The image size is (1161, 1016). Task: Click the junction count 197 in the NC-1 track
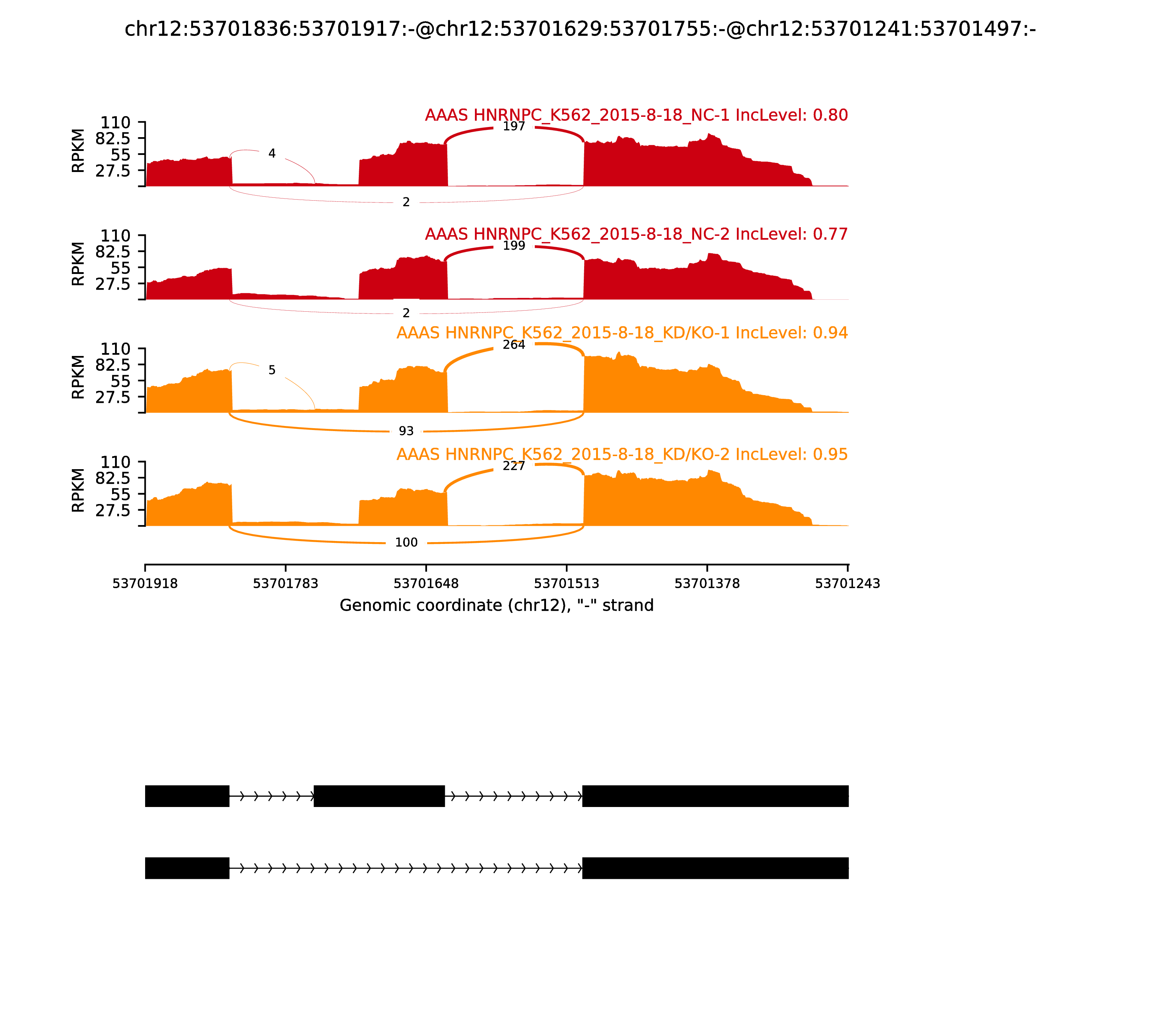pyautogui.click(x=514, y=126)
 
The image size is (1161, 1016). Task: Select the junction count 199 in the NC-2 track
pyautogui.click(x=514, y=246)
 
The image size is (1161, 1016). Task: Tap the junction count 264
pyautogui.click(x=514, y=345)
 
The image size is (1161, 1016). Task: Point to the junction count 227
pyautogui.click(x=514, y=466)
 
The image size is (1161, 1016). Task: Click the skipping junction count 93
pyautogui.click(x=406, y=431)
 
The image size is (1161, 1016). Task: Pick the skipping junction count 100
pyautogui.click(x=406, y=542)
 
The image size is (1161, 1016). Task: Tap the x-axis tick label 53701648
pyautogui.click(x=426, y=583)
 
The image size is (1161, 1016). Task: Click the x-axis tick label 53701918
pyautogui.click(x=145, y=583)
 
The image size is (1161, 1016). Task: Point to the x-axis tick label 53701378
pyautogui.click(x=707, y=583)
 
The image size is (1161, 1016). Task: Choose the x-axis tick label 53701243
pyautogui.click(x=848, y=583)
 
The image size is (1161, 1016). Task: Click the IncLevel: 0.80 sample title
pyautogui.click(x=636, y=115)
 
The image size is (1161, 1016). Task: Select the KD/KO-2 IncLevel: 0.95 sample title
pyautogui.click(x=622, y=454)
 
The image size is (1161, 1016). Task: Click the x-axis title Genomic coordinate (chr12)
pyautogui.click(x=497, y=606)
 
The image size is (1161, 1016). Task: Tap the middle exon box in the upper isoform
pyautogui.click(x=379, y=796)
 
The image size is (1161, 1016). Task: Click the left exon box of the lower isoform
pyautogui.click(x=187, y=868)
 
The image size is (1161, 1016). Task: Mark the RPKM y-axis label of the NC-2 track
pyautogui.click(x=78, y=264)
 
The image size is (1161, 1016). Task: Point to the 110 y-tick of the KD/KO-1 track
pyautogui.click(x=116, y=349)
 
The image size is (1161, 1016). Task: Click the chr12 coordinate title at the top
pyautogui.click(x=580, y=29)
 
